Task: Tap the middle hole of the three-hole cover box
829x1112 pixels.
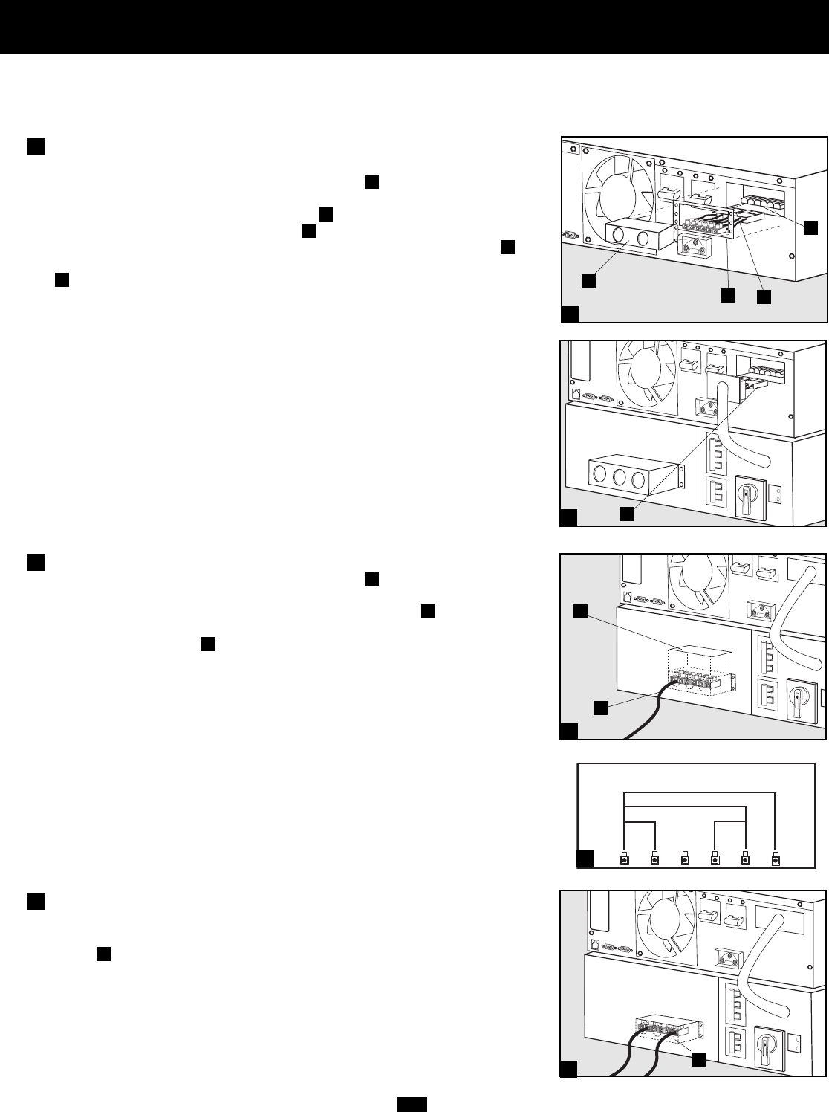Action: (619, 479)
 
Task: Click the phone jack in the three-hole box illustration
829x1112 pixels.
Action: (575, 393)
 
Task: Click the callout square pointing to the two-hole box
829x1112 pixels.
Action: (588, 280)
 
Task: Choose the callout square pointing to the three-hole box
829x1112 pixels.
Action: (628, 514)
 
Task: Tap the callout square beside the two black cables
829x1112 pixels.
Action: (698, 1059)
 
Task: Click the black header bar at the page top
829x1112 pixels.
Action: (414, 26)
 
